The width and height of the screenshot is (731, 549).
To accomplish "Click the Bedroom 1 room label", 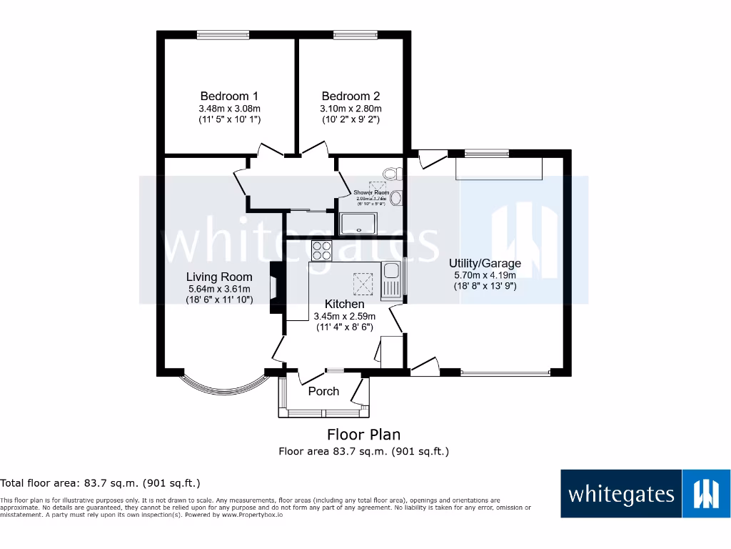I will coord(229,96).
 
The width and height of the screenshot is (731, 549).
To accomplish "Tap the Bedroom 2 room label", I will coord(351,96).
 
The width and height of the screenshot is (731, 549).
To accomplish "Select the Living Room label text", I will coord(219,277).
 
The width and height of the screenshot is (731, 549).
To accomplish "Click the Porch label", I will coord(323,391).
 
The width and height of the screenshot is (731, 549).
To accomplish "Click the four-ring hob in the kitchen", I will coord(322,250).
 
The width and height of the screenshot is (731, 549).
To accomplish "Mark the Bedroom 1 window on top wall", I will coord(223,34).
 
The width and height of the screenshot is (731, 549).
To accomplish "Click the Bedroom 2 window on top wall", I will coord(355,34).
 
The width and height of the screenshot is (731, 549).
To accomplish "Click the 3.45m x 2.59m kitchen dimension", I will coord(345,316).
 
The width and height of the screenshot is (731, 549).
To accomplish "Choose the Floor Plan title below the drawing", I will coord(363,434).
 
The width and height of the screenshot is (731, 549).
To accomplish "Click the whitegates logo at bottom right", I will coord(645,493).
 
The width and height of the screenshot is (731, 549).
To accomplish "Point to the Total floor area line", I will coord(101,483).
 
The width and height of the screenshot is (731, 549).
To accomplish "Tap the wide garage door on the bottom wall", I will coord(505,372).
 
